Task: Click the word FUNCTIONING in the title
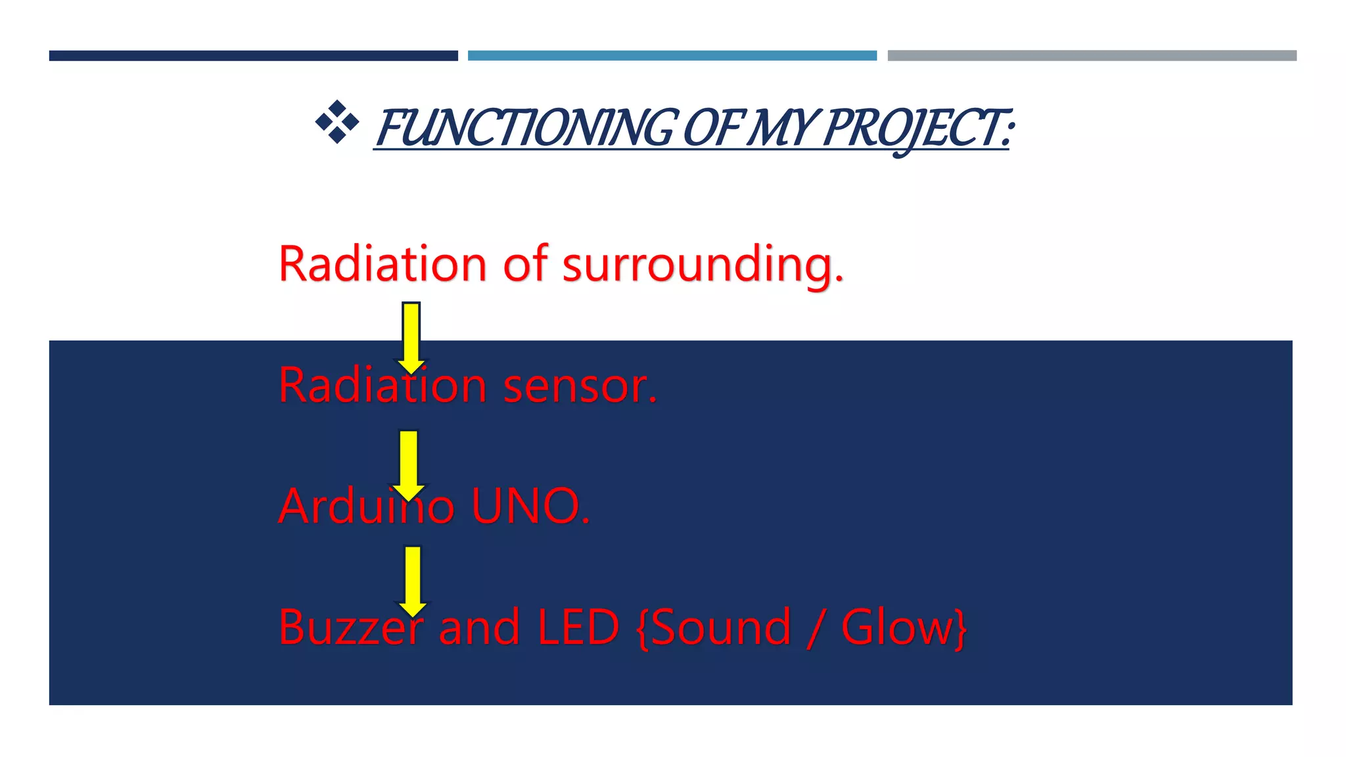[526, 128]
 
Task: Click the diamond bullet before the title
[337, 122]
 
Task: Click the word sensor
[580, 386]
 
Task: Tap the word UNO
[530, 507]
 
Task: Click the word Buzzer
[351, 628]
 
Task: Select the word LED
[578, 628]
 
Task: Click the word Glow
[896, 628]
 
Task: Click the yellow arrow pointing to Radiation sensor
[411, 336]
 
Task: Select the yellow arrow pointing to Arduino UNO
[409, 464]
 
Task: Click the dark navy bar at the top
[253, 56]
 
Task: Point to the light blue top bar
[672, 56]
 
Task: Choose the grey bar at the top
[1092, 56]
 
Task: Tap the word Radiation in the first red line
[382, 264]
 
